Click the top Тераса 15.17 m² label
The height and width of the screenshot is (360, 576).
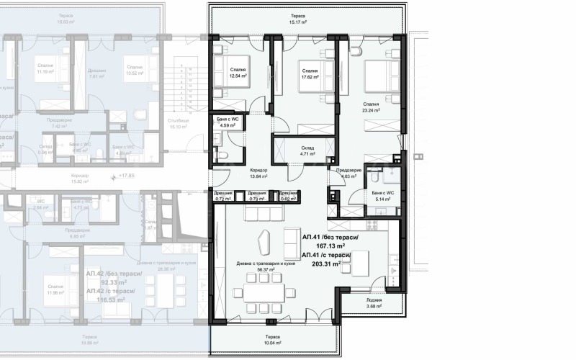298,19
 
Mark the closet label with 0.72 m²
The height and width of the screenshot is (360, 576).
223,195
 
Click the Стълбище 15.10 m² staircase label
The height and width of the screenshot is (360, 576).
177,123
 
